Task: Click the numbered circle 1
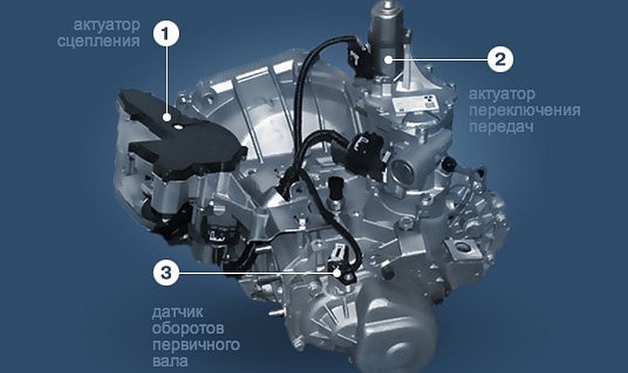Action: pos(166,34)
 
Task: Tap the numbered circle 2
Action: pos(500,60)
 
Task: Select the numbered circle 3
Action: pos(166,272)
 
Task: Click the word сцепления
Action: pos(99,42)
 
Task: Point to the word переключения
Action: pos(524,110)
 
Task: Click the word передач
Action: pos(502,126)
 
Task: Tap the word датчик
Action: pos(177,312)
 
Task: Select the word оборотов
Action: pos(188,328)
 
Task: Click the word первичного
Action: pos(195,345)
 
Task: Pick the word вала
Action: pos(170,361)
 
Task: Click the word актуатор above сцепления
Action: pos(107,25)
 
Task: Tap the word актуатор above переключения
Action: pos(502,94)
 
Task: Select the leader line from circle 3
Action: pos(259,272)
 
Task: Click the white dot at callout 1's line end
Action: pos(166,117)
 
